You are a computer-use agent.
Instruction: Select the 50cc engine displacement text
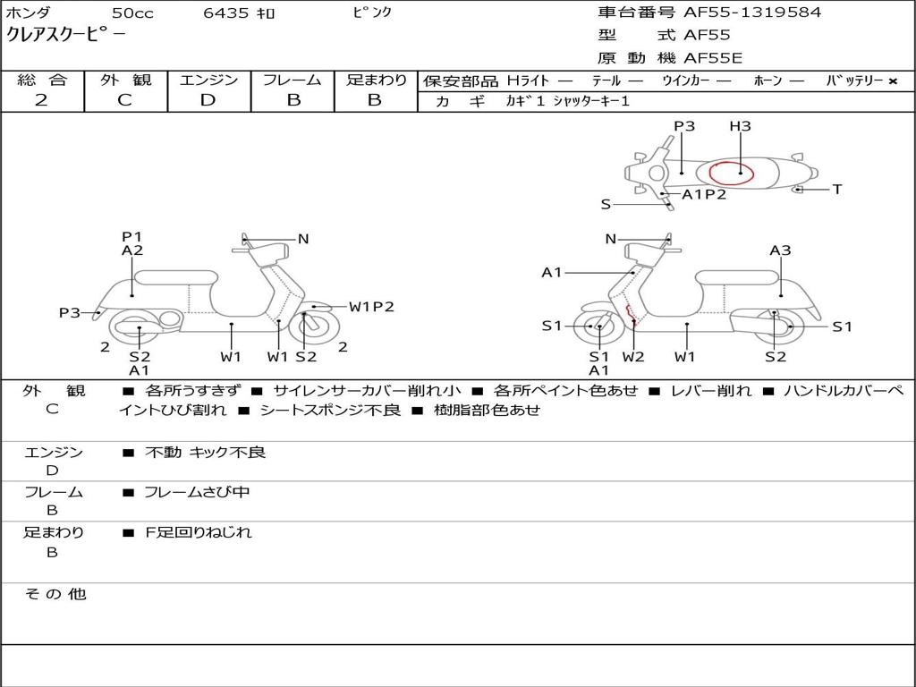point(131,13)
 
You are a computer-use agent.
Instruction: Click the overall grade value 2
point(41,100)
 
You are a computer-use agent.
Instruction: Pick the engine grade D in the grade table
point(208,100)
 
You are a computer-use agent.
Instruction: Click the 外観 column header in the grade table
point(125,80)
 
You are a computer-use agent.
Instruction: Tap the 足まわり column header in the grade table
point(377,80)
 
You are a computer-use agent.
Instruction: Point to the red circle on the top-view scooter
point(731,174)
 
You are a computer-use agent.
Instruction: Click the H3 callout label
point(740,126)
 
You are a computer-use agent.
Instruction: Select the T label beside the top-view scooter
point(837,190)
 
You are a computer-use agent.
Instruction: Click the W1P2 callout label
point(371,307)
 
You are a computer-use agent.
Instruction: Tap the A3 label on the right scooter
point(780,250)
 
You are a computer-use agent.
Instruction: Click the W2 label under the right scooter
point(633,357)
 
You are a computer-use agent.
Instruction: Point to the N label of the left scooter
point(303,239)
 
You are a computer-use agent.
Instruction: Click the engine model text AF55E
point(713,58)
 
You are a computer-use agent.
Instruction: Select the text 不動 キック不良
point(206,453)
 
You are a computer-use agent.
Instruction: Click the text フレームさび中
point(197,492)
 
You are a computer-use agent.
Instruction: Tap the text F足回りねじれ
point(199,532)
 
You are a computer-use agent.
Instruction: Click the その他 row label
point(55,594)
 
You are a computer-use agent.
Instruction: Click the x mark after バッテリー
point(893,81)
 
